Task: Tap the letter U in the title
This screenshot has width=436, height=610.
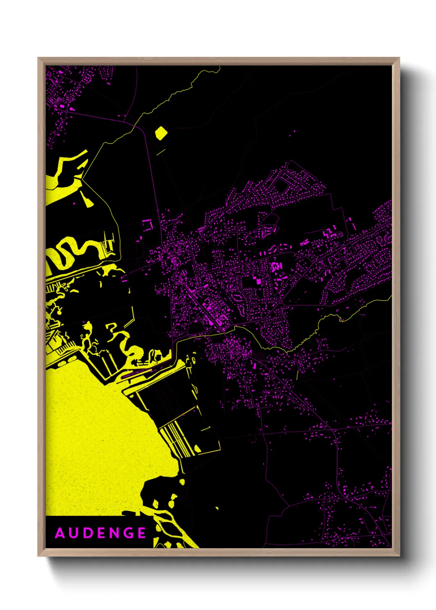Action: pos(74,533)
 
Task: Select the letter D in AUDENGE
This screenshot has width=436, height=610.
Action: pos(88,533)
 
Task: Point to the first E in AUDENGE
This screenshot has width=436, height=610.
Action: pos(101,533)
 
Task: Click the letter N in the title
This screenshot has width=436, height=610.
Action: pos(114,533)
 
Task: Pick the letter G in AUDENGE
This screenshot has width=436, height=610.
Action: pos(128,533)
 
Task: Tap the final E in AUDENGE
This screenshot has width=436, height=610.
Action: pos(142,533)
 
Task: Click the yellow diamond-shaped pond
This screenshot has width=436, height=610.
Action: pos(161,132)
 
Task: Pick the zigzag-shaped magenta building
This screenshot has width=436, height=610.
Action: pos(328,234)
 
